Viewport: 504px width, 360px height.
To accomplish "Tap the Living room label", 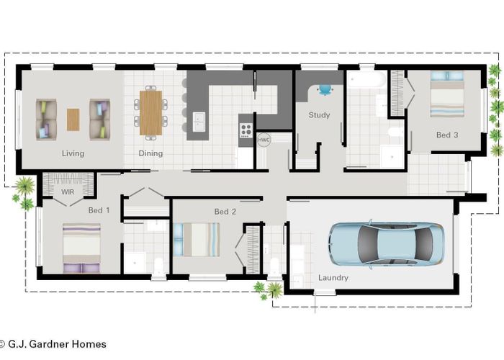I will pos(73,153).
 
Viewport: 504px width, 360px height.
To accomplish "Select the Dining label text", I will pos(150,153).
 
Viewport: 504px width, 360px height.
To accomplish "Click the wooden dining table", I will pos(150,111).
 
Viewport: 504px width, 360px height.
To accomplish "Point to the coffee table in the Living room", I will pos(73,119).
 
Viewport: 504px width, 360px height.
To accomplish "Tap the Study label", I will pos(319,115).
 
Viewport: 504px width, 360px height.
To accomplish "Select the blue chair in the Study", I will pos(325,90).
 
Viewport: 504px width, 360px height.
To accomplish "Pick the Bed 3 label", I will pos(446,135).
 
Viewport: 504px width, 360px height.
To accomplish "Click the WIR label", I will pos(68,192).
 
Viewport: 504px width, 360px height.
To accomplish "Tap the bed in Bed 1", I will pos(81,248).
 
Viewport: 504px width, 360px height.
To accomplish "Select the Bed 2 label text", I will pos(225,212).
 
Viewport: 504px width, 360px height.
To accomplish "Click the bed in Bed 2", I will pos(197,239).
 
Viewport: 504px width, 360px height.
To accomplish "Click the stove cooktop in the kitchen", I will pos(246,130).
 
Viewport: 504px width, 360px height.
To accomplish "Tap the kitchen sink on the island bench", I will pos(198,120).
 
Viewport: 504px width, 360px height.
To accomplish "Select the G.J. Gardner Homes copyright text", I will pos(54,344).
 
